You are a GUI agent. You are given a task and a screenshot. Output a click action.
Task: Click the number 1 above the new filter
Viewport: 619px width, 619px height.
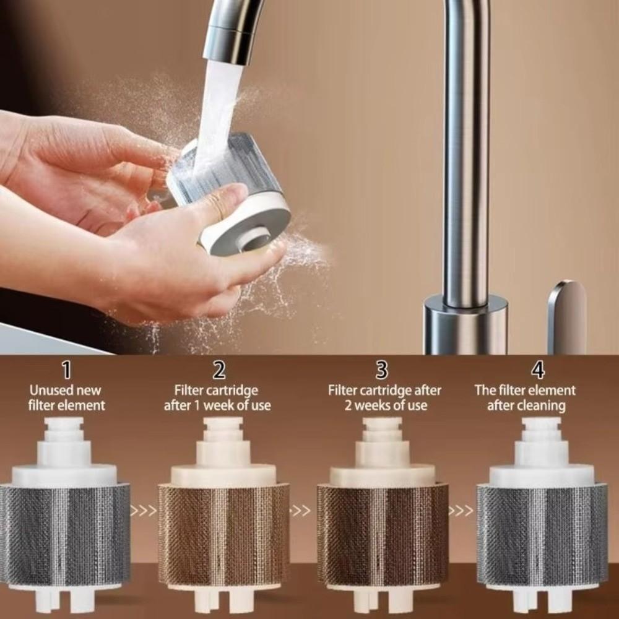66,370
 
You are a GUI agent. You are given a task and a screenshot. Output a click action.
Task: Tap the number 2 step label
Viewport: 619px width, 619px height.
219,370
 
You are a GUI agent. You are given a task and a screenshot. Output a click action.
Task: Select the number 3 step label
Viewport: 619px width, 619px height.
382,370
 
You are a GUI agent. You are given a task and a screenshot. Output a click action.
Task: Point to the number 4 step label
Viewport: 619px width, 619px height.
538,370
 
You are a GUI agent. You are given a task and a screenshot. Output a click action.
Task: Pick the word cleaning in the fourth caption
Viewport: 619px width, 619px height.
543,406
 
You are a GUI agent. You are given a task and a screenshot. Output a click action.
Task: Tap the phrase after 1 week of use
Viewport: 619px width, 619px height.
217,406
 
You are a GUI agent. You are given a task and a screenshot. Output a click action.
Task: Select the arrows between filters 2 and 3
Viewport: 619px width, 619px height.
301,511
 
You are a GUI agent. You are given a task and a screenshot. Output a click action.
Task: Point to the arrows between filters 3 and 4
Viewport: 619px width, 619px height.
461,511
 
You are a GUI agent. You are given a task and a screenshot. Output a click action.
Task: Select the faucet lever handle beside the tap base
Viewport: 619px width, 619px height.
566,316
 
